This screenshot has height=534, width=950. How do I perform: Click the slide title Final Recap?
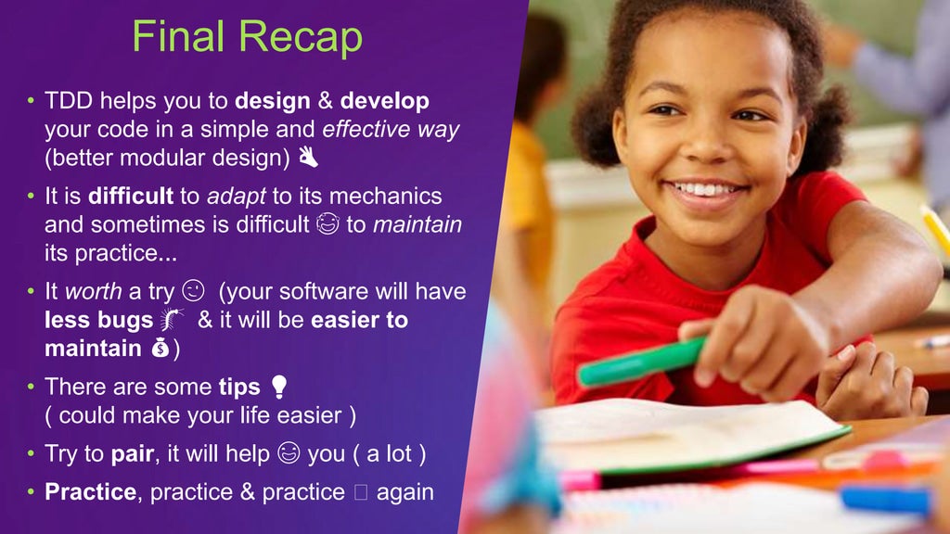click(x=247, y=37)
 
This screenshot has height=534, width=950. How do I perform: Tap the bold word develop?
click(x=384, y=100)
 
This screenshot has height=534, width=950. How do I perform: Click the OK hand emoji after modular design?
click(x=309, y=159)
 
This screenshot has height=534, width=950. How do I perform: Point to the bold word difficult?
click(x=131, y=197)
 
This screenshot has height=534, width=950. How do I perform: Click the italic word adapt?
click(x=237, y=197)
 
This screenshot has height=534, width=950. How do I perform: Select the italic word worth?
click(x=93, y=291)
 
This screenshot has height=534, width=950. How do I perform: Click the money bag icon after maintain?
click(x=159, y=350)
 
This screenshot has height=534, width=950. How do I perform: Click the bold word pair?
click(x=131, y=453)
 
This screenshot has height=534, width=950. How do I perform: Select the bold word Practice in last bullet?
click(x=90, y=491)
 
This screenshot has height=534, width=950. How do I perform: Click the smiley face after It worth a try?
click(x=194, y=291)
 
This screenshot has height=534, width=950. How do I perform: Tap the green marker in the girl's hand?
click(x=639, y=361)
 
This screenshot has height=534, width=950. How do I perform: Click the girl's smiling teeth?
click(x=707, y=191)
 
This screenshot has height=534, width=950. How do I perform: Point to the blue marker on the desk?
click(x=885, y=499)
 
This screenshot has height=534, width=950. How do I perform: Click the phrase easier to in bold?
click(x=359, y=320)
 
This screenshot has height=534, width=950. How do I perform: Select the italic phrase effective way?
click(x=391, y=130)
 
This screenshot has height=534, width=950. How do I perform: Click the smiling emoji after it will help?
click(x=289, y=453)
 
